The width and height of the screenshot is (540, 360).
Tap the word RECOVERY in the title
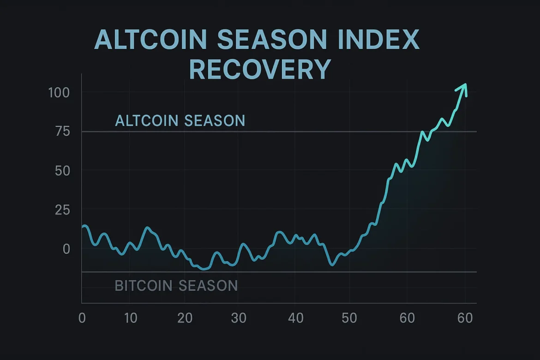click(260, 70)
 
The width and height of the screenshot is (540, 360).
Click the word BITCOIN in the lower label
click(144, 286)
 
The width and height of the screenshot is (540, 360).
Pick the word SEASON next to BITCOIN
click(208, 286)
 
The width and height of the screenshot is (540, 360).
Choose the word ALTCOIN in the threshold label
click(147, 121)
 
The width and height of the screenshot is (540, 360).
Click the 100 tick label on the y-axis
click(59, 92)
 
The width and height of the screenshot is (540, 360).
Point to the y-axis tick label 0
click(66, 249)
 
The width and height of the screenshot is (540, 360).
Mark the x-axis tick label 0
click(82, 318)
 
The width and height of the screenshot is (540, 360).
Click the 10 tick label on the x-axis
click(130, 318)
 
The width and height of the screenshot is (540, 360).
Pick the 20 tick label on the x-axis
click(185, 318)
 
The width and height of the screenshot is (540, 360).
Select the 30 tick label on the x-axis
click(239, 318)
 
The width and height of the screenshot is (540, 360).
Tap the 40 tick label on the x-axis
click(295, 318)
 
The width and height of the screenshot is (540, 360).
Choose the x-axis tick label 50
click(349, 318)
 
